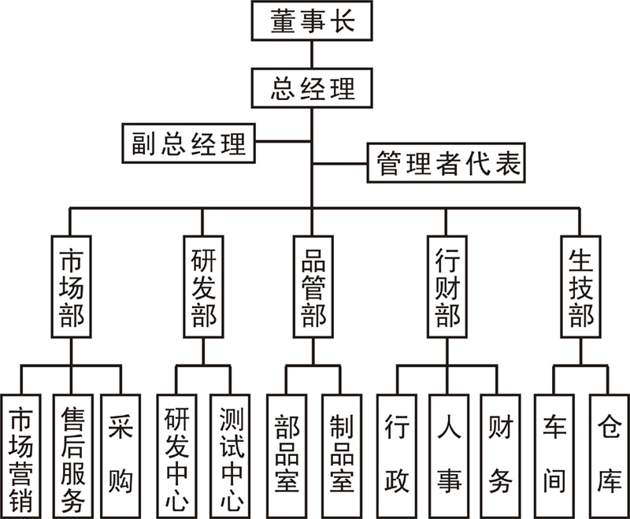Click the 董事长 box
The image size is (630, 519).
point(313,21)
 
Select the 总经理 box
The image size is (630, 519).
point(313,88)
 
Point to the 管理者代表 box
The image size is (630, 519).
point(445,165)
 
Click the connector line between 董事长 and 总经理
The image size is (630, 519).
point(313,54)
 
